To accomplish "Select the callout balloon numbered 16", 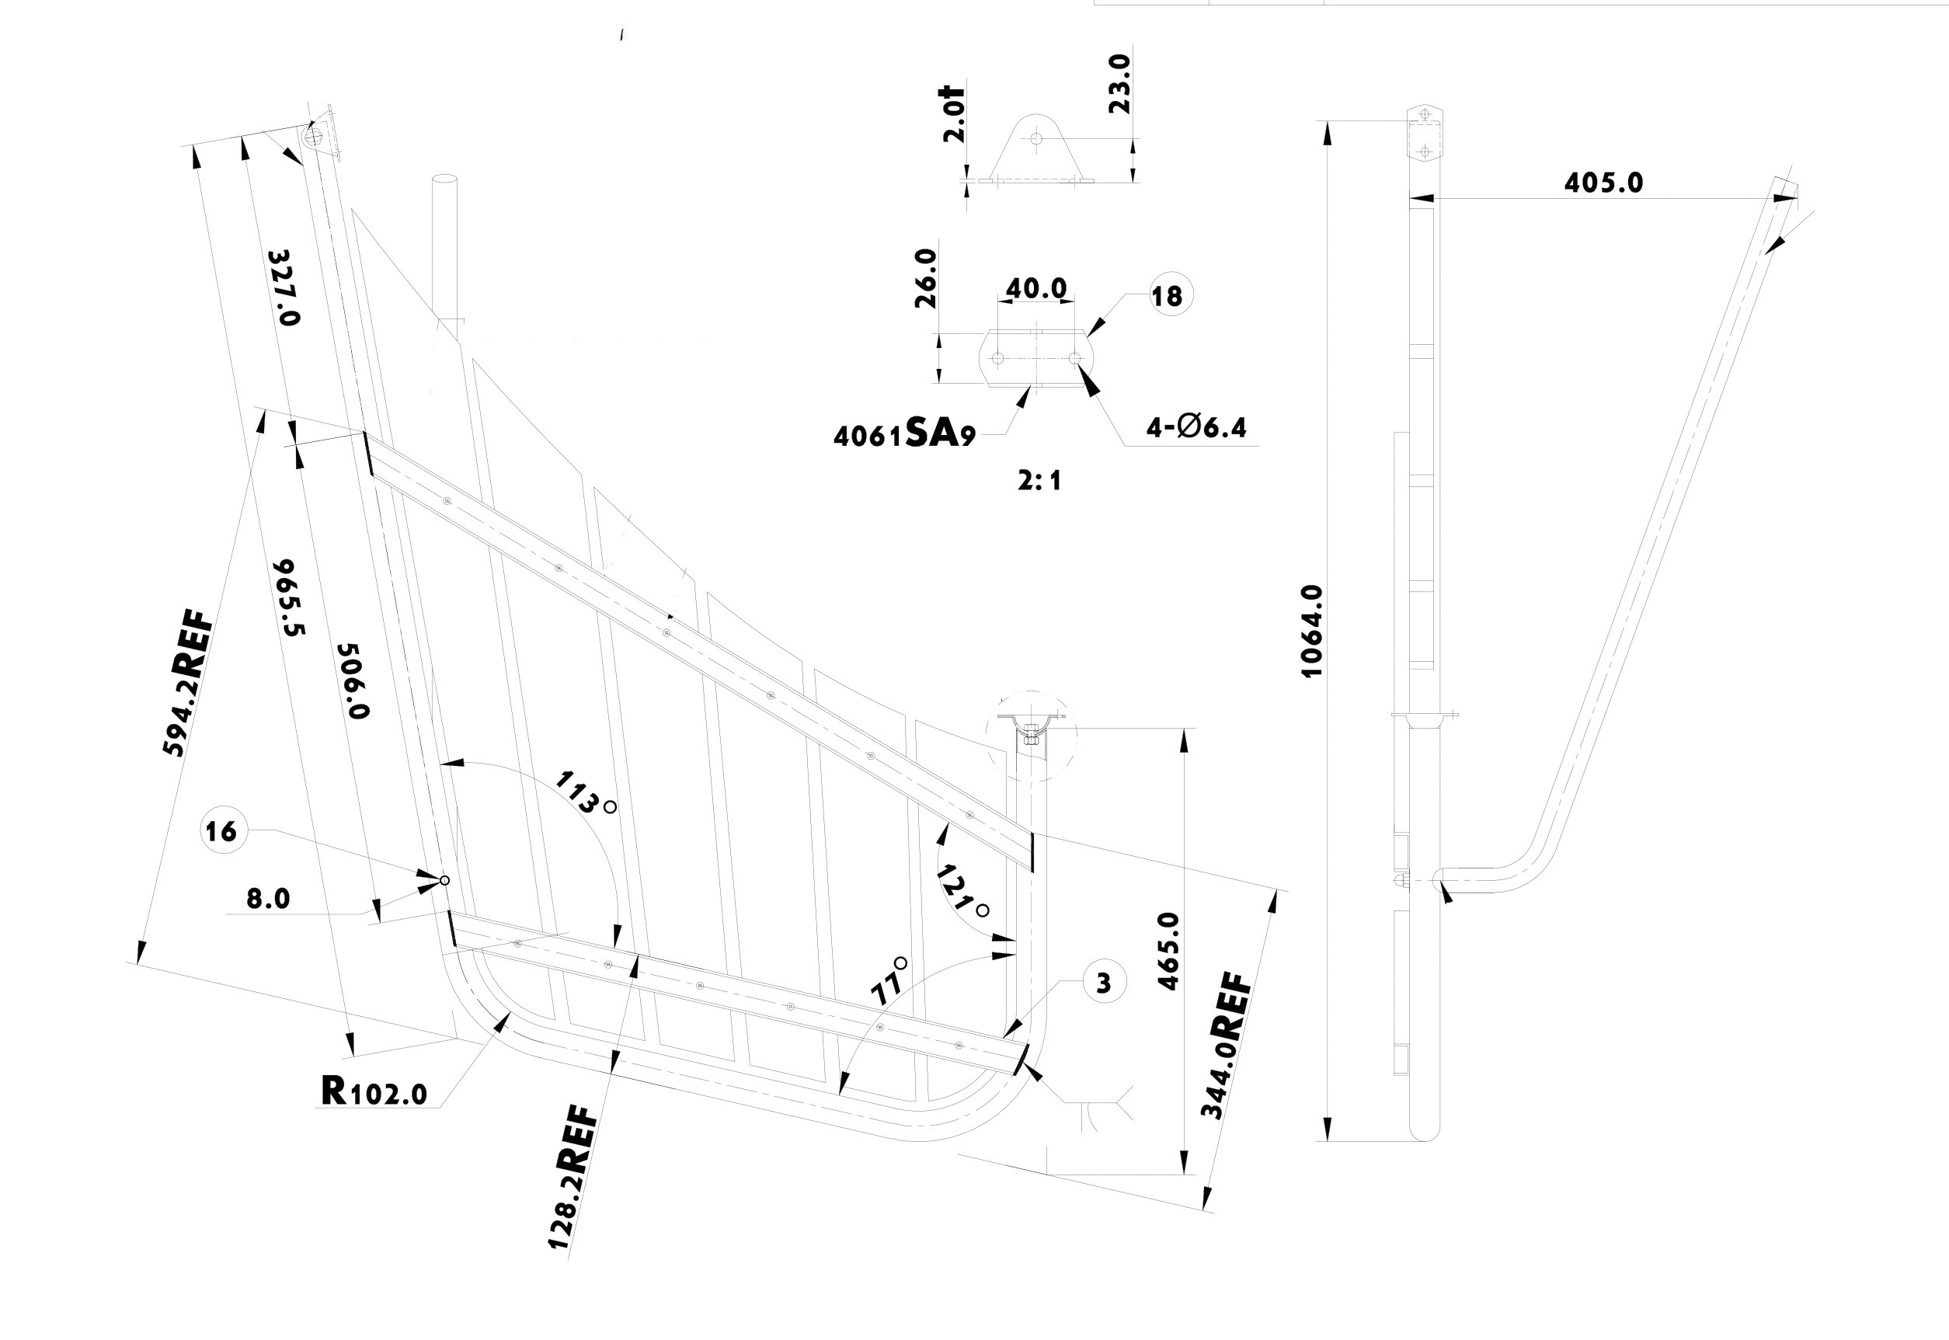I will coord(221,831).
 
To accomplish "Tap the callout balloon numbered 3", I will coord(1104,983).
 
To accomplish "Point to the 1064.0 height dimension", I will coord(1311,632).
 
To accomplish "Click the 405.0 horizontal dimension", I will coord(1603,183).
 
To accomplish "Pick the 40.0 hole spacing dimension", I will coord(1035,289).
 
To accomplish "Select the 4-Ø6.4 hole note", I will coord(1196,428).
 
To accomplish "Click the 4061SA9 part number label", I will coord(904,434).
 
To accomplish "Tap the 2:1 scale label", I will coord(1039,481).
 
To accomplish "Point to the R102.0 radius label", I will coord(374,1092).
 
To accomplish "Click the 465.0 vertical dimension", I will coord(1168,952).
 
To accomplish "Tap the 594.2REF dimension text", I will coord(187,685).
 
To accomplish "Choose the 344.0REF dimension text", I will coord(1227,1046).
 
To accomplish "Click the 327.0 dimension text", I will coord(283,288).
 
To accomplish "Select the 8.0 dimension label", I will coord(268,900).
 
